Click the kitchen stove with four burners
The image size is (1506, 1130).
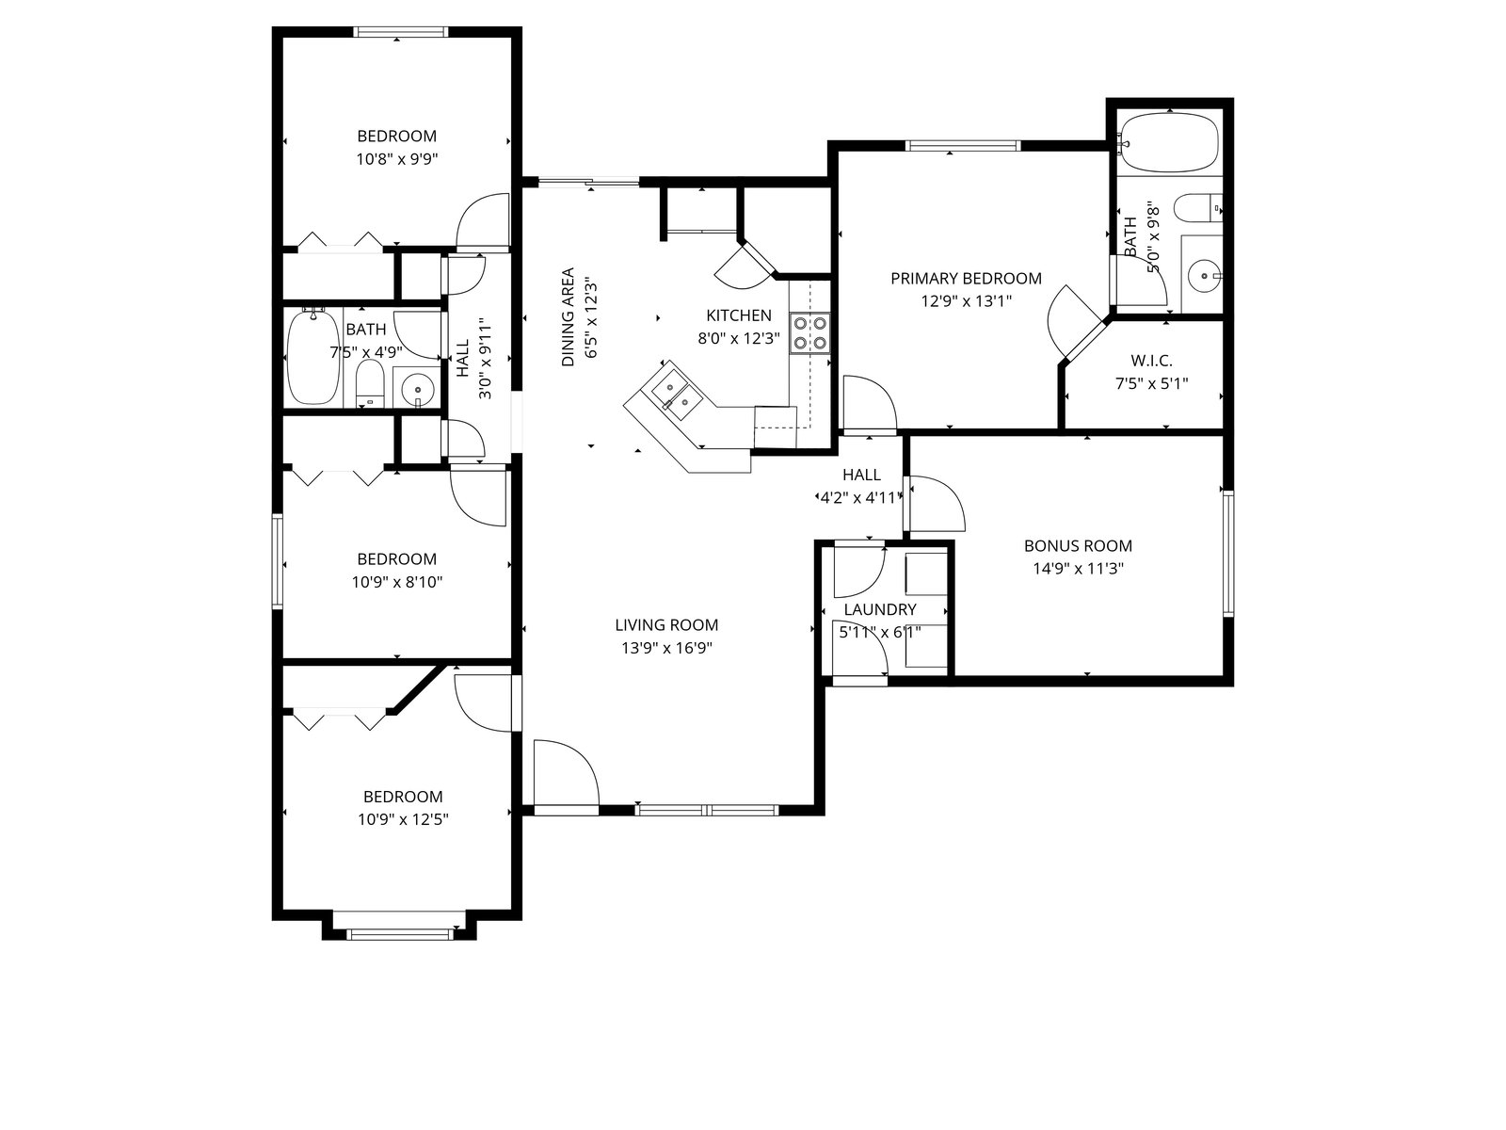tap(809, 332)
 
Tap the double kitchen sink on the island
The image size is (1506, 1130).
tap(675, 394)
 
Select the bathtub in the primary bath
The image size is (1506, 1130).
tap(1169, 143)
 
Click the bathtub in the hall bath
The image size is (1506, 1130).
tap(312, 358)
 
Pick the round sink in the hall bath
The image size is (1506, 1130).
tap(417, 390)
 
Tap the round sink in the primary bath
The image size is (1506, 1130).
tap(1206, 276)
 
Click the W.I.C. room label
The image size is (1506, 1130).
tap(1151, 361)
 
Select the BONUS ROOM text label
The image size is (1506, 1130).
tap(1078, 546)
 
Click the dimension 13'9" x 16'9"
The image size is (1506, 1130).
tap(667, 648)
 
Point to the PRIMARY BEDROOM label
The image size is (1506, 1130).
tap(966, 279)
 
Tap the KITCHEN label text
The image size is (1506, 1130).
tap(739, 315)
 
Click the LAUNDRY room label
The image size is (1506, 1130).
tap(880, 609)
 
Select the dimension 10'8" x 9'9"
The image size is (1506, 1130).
tap(397, 159)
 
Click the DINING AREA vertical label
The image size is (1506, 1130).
tap(569, 317)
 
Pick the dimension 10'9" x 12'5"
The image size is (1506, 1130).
tap(403, 819)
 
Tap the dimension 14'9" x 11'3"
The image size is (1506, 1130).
tap(1078, 569)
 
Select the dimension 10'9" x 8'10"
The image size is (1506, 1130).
tap(397, 583)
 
